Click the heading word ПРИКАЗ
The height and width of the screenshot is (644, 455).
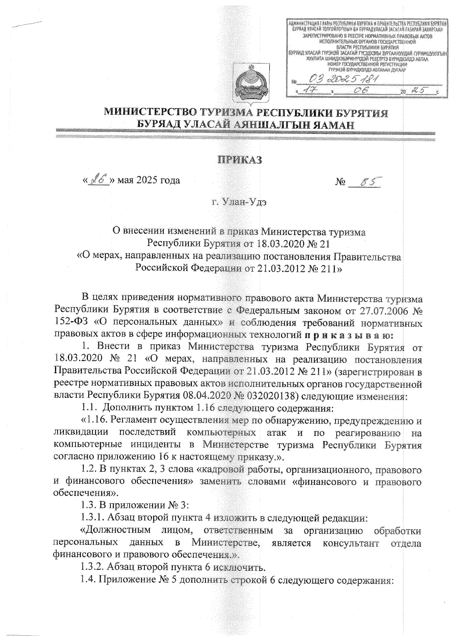[239, 160]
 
